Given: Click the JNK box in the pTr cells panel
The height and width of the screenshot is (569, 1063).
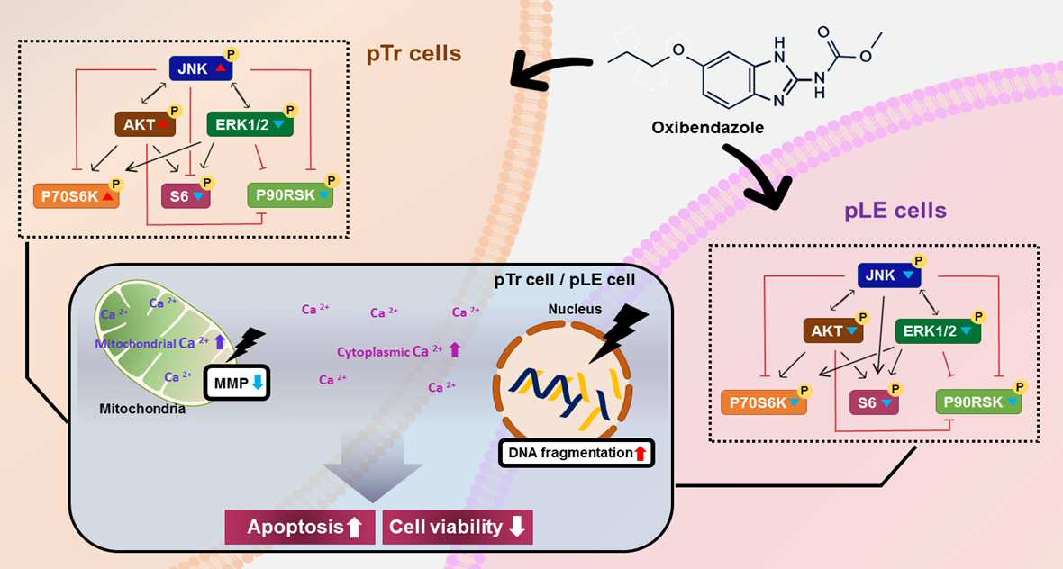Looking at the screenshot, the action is coord(201,68).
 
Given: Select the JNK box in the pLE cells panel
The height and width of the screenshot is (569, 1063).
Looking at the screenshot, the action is coord(889,275).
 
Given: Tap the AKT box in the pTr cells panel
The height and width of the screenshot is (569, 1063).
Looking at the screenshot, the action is coord(145,124).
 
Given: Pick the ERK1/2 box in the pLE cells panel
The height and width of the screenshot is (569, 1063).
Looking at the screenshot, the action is coord(938,331).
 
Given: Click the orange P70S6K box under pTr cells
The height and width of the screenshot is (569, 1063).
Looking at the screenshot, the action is coord(76,196).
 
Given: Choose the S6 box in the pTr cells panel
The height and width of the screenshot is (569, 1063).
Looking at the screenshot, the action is coord(185,196).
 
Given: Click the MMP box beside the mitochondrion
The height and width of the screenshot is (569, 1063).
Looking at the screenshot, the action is coord(237,384).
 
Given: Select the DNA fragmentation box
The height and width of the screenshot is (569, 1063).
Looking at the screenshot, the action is coord(577,453).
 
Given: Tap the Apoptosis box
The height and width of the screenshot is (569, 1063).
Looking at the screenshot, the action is coord(300,527).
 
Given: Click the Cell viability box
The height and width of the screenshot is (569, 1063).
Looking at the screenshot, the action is coord(458,527).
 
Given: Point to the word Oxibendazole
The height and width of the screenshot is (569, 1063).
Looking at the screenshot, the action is coord(708,127).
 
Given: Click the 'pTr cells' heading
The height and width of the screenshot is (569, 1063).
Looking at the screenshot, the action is coord(413,53).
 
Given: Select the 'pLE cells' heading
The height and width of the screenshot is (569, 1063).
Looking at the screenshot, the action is coord(895,211).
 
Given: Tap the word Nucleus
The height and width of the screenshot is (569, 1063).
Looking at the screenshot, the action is coord(575,309).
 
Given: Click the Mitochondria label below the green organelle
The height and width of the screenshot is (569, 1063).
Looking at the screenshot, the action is coord(142,409).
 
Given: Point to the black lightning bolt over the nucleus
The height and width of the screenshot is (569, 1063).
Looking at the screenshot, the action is coord(616,332).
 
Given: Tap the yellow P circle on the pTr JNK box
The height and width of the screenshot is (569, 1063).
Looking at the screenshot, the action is coord(232,53).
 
